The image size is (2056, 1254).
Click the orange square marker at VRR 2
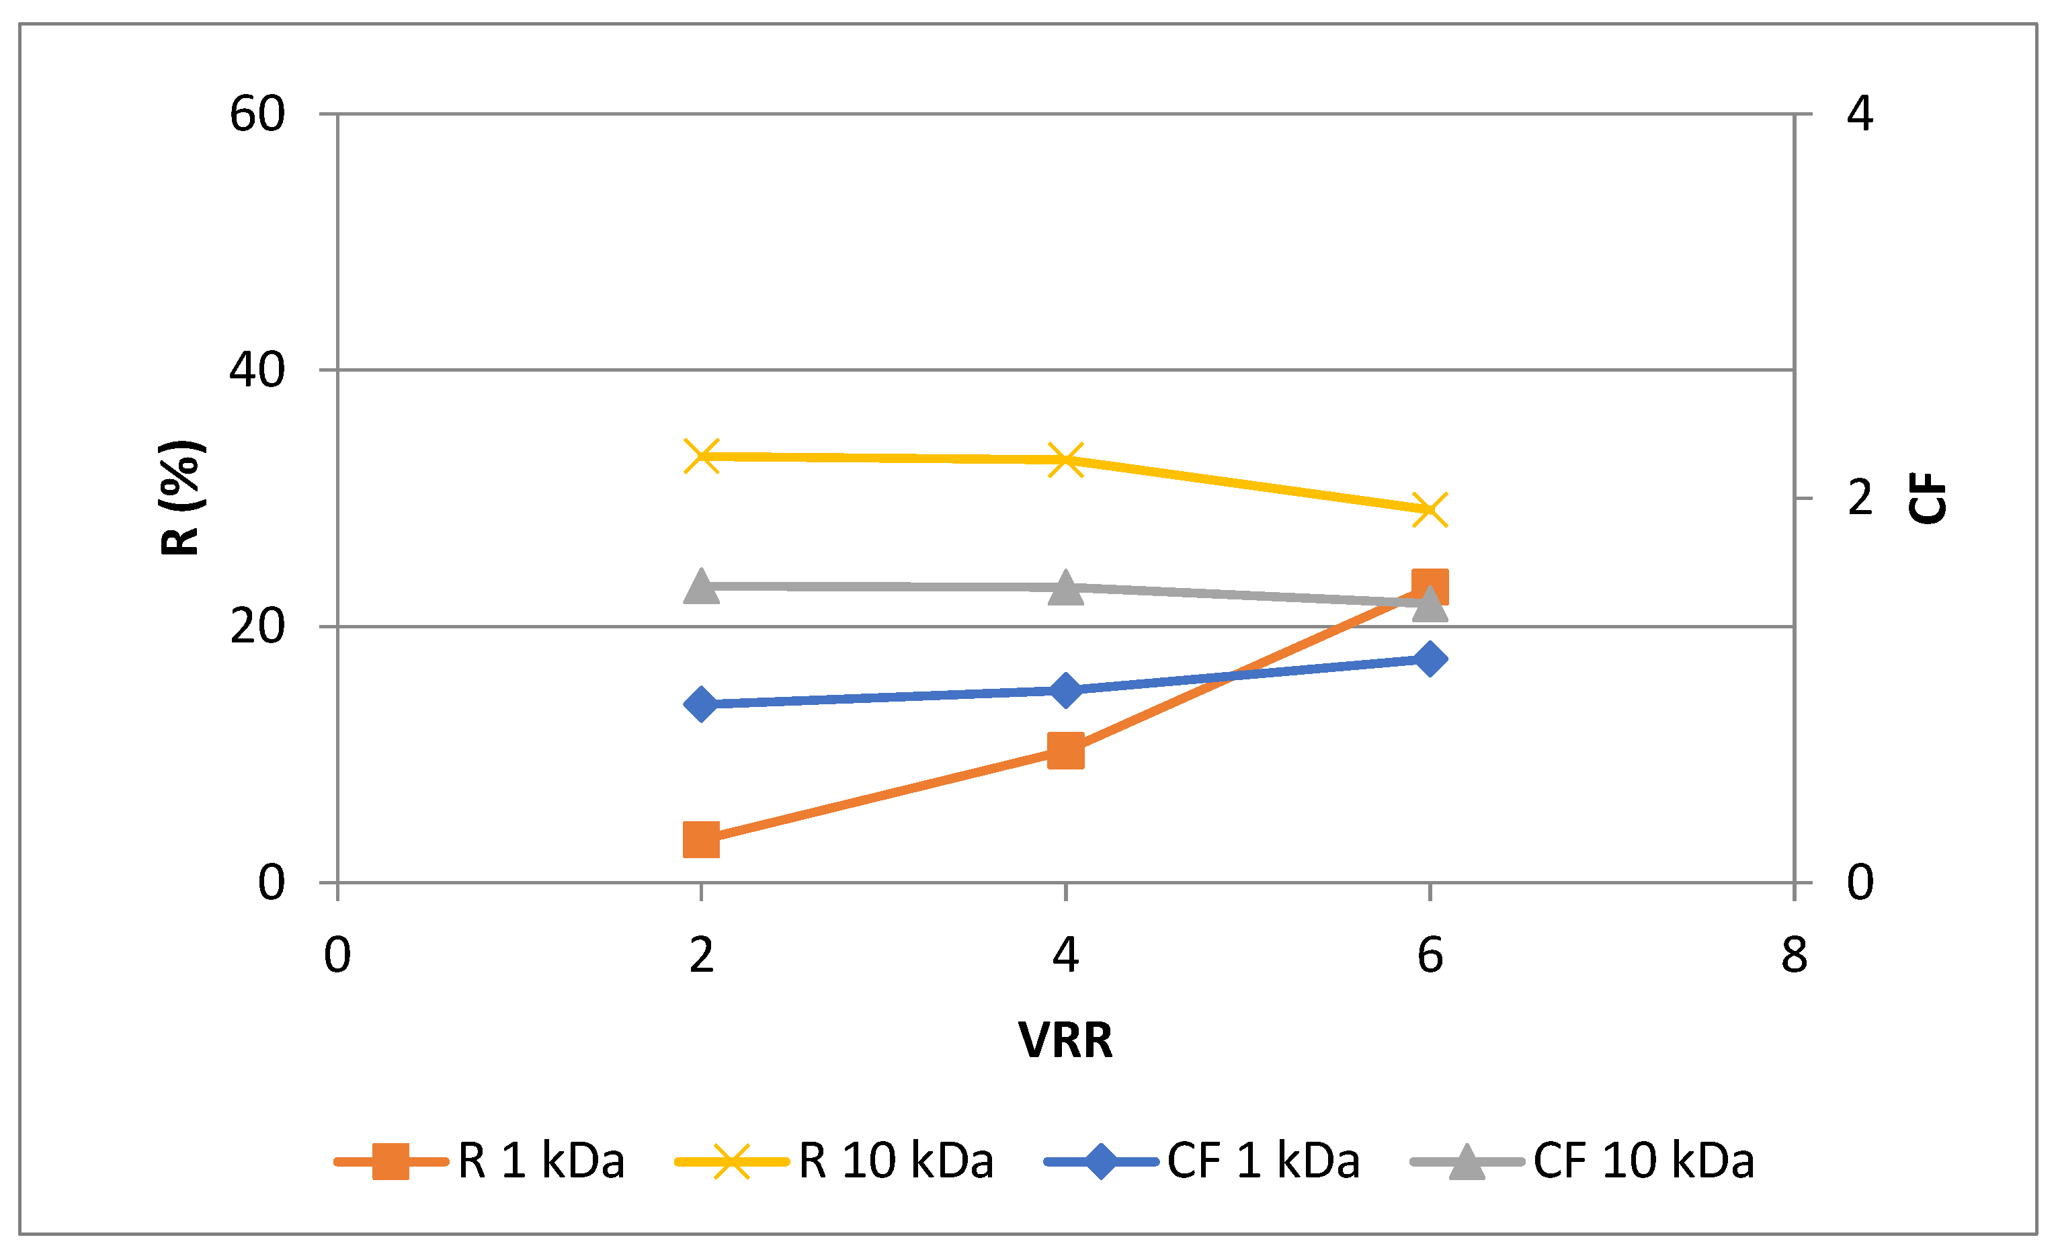(701, 839)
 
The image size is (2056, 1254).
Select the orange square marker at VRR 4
(1065, 751)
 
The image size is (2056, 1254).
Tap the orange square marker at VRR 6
(1430, 587)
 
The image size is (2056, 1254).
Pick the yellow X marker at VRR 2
(702, 456)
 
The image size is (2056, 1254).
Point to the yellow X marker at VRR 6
(1430, 510)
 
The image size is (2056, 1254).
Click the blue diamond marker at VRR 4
(1065, 690)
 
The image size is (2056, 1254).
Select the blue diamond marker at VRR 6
(1430, 659)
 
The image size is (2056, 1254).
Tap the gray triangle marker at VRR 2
(701, 587)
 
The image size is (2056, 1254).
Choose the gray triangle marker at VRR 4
(1065, 587)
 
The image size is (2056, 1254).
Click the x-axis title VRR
(1065, 1040)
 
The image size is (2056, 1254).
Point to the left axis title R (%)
(180, 498)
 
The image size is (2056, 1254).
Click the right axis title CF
(1928, 498)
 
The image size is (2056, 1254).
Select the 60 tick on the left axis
(257, 114)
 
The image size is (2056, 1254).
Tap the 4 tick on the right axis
(1860, 114)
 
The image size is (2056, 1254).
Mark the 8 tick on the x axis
(1794, 956)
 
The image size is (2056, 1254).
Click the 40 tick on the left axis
(257, 370)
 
